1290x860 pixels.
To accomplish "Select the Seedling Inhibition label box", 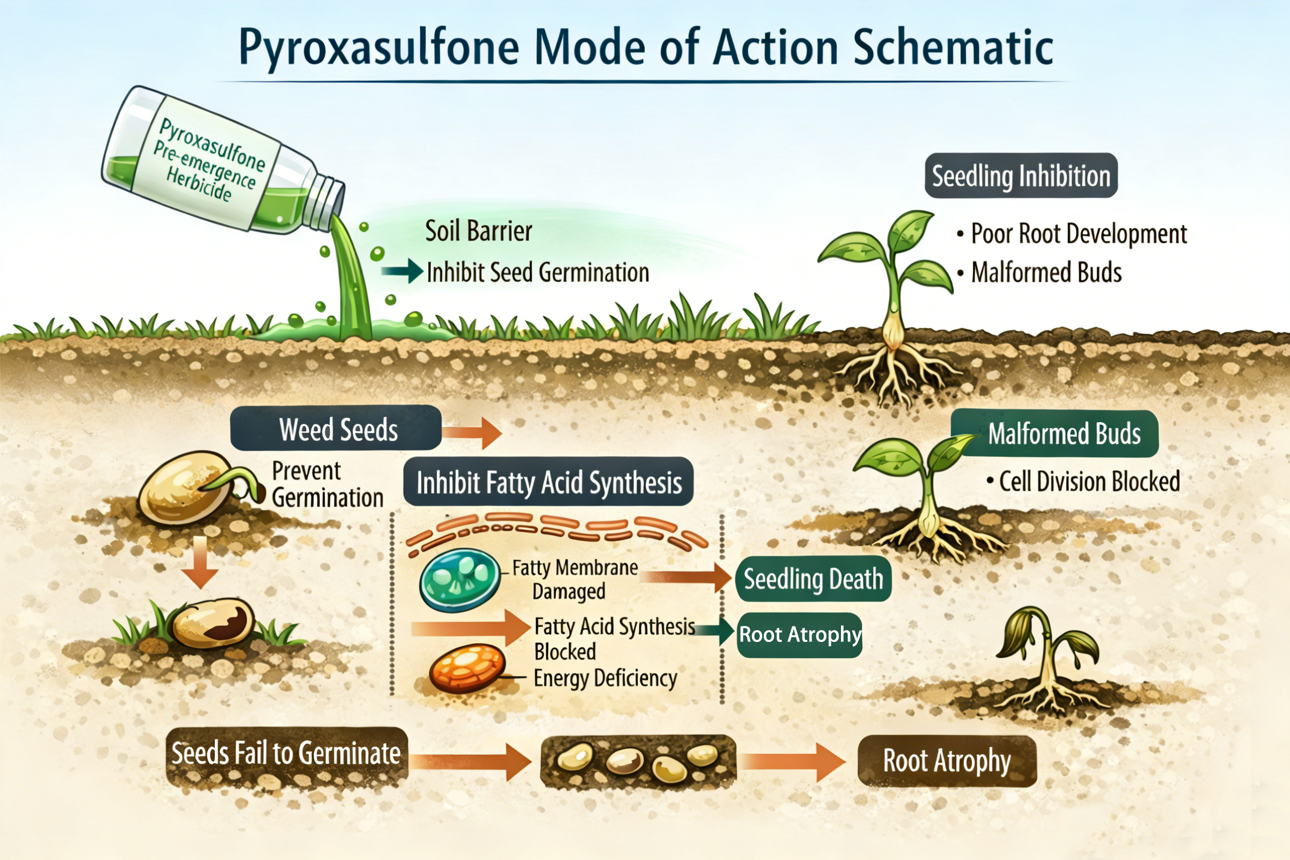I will pyautogui.click(x=1020, y=175).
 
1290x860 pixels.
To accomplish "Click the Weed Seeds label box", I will pyautogui.click(x=336, y=428).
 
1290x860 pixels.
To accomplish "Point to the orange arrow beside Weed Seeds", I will pyautogui.click(x=472, y=432).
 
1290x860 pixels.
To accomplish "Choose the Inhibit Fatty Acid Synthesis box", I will pyautogui.click(x=548, y=482).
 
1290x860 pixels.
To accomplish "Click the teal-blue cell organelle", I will pyautogui.click(x=460, y=580).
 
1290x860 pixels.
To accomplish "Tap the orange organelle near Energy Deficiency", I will pyautogui.click(x=467, y=668).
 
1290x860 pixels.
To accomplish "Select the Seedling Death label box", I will pyautogui.click(x=813, y=579).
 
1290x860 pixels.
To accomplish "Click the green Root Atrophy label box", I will pyautogui.click(x=799, y=635).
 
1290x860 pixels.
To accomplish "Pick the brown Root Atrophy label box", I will pyautogui.click(x=946, y=761).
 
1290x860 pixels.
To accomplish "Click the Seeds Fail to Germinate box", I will pyautogui.click(x=286, y=754).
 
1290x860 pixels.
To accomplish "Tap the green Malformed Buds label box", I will pyautogui.click(x=1064, y=433).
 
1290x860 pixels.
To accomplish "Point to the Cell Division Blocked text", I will pyautogui.click(x=1089, y=481).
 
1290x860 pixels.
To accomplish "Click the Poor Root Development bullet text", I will pyautogui.click(x=1078, y=234).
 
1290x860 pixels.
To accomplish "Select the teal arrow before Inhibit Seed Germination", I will pyautogui.click(x=403, y=271).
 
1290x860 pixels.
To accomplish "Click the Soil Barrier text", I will pyautogui.click(x=478, y=231).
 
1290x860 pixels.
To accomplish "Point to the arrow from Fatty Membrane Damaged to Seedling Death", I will pyautogui.click(x=686, y=577).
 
